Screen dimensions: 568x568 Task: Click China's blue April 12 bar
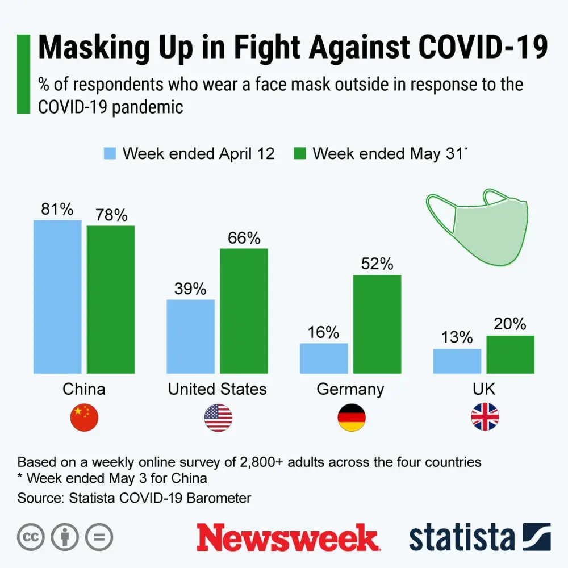[57, 296]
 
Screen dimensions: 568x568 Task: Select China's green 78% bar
[111, 299]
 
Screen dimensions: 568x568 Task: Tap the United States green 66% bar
[244, 311]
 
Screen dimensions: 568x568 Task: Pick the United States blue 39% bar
[190, 336]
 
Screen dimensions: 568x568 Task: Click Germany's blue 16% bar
[324, 358]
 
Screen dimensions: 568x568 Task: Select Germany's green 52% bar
[377, 324]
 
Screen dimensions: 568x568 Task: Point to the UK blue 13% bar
[457, 361]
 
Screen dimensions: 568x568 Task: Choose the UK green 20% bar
[510, 354]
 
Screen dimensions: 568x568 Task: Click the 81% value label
[57, 210]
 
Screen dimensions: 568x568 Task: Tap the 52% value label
[377, 264]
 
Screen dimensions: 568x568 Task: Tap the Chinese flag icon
[84, 417]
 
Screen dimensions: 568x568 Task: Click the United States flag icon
[218, 417]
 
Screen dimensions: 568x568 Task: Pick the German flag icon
[352, 417]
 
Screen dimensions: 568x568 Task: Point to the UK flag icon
[485, 417]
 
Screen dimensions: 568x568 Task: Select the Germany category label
[350, 389]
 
